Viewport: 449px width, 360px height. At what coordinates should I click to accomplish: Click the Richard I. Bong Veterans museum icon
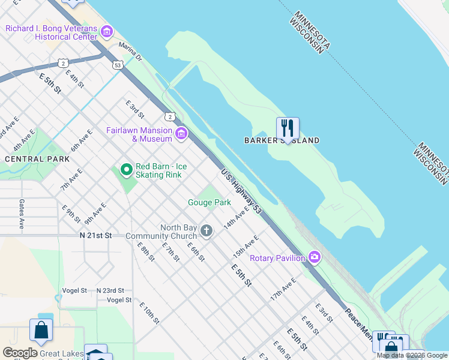[107, 31]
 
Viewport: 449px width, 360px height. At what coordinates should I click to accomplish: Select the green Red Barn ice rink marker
[126, 170]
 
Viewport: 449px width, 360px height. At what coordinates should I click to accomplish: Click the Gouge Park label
[209, 203]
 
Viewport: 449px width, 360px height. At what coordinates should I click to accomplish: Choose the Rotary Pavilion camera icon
[315, 258]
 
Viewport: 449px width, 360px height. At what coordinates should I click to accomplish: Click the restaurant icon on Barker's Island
[288, 128]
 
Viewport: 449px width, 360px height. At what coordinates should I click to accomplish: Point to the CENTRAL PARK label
[37, 159]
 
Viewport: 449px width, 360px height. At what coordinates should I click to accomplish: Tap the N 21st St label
[96, 236]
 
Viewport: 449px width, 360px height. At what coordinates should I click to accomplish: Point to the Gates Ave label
[22, 214]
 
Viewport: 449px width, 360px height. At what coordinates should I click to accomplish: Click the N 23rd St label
[110, 290]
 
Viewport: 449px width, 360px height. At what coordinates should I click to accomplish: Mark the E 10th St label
[149, 313]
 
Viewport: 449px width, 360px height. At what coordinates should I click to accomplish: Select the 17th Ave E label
[283, 289]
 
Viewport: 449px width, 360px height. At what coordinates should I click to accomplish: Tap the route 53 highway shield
[117, 64]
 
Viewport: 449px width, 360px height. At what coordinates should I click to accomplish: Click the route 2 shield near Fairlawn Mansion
[171, 116]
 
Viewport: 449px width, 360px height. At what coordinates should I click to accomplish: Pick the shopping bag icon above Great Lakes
[41, 330]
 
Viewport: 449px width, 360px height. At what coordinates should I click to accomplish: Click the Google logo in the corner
[20, 352]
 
